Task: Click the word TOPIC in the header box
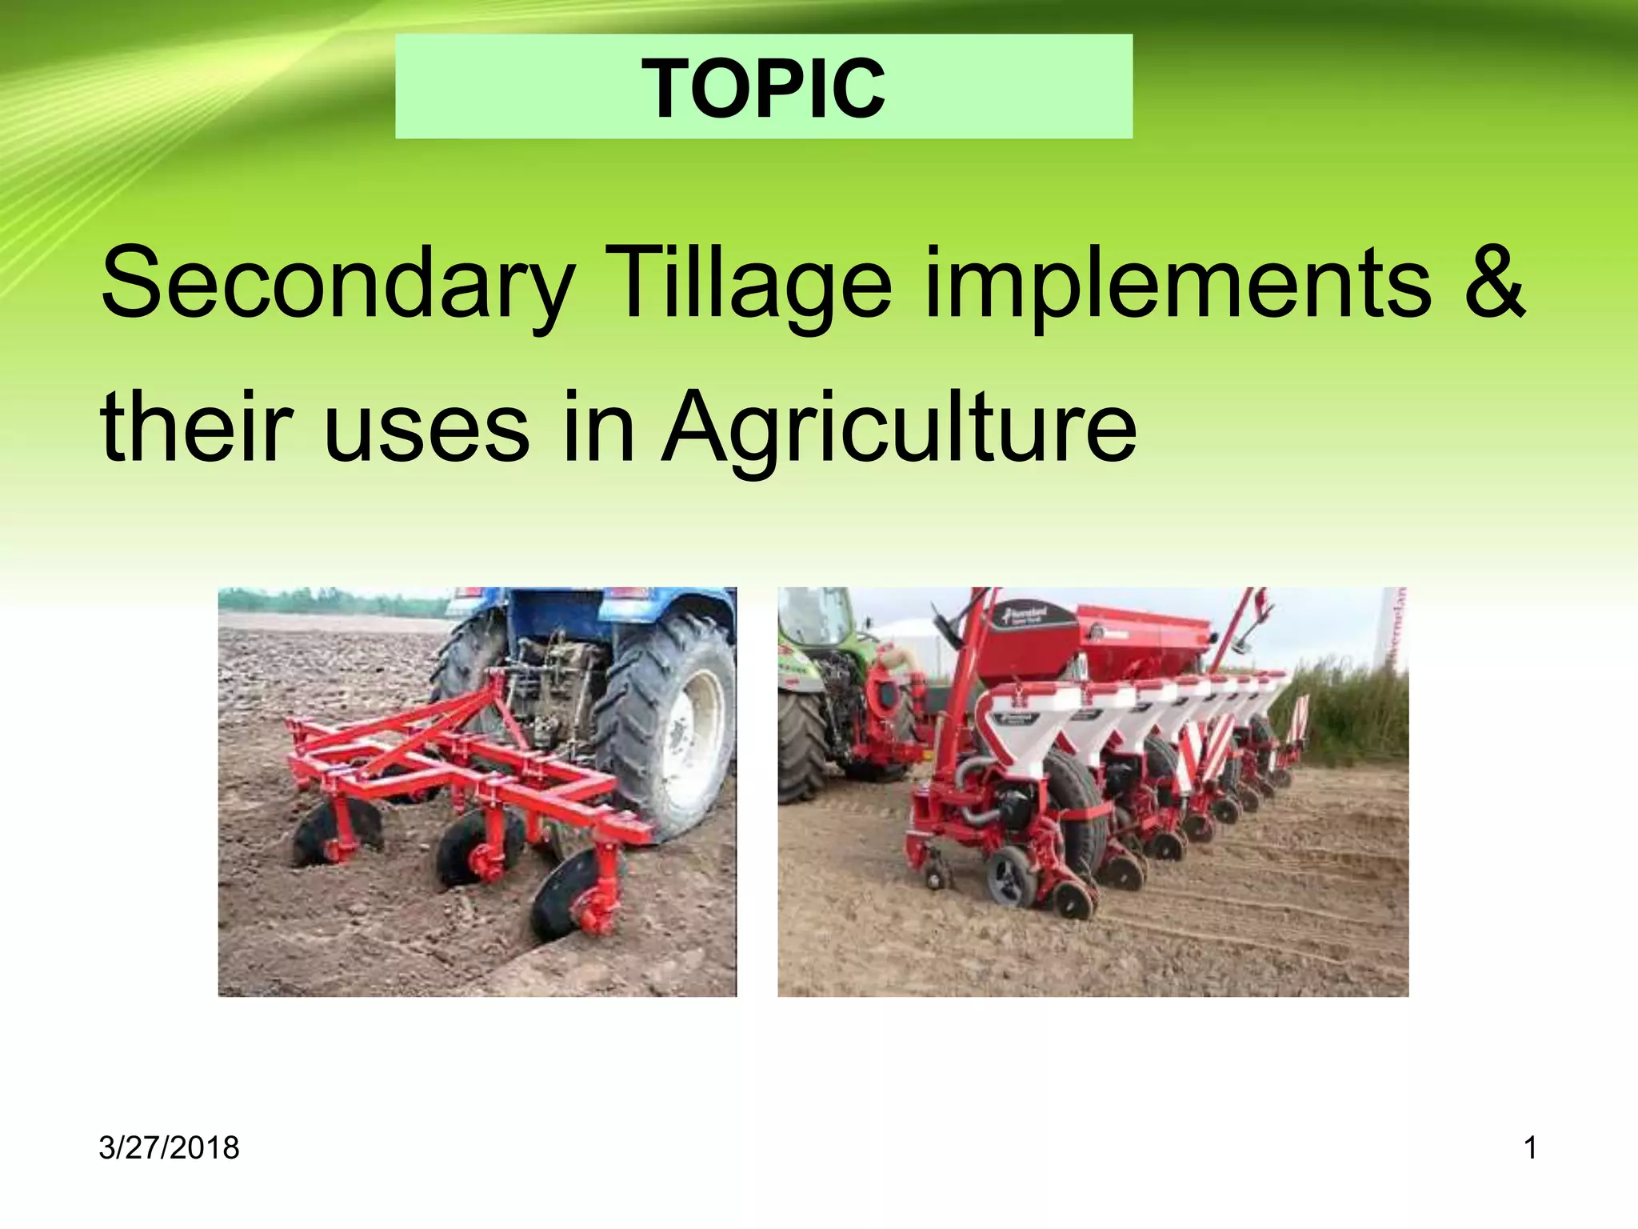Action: click(x=763, y=88)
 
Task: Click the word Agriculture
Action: click(x=899, y=429)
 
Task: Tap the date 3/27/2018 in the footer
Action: click(x=169, y=1147)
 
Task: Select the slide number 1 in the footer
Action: click(x=1530, y=1147)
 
